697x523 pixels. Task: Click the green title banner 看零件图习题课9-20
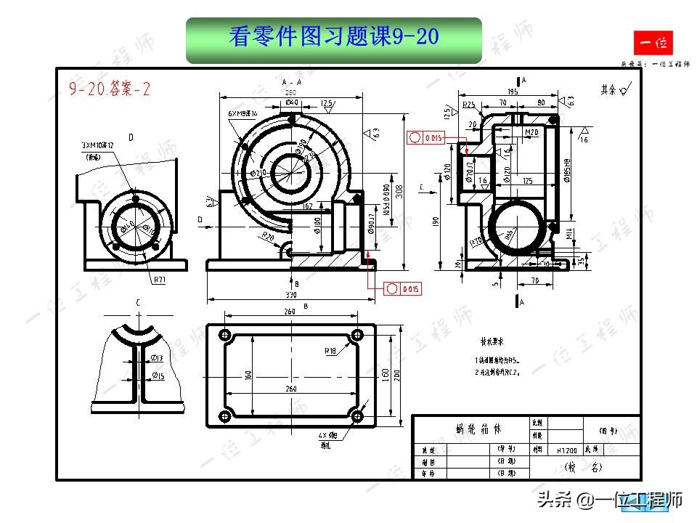pos(334,38)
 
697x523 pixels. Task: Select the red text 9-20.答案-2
pos(110,89)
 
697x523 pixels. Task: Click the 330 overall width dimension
pos(290,296)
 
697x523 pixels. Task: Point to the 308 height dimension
pos(408,191)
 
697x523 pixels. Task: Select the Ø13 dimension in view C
pos(158,358)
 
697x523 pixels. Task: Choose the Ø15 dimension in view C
pos(158,376)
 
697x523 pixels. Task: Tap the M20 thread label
pos(531,132)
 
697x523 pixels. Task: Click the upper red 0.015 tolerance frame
pos(425,137)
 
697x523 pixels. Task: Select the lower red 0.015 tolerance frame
pos(403,289)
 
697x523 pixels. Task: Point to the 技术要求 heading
pos(491,340)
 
